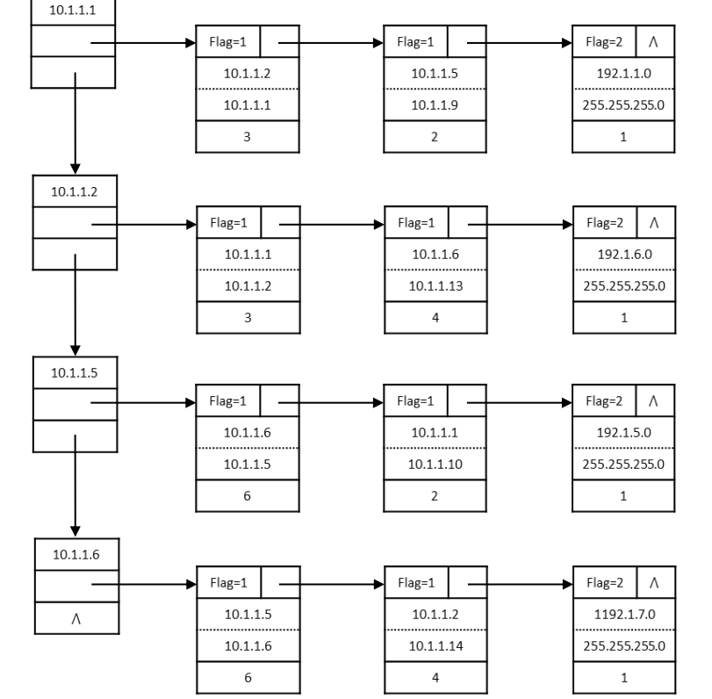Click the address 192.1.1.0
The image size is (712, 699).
623,73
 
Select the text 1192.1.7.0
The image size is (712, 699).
624,614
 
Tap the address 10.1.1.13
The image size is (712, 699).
435,285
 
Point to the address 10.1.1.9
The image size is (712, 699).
435,104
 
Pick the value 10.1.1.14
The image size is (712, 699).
435,645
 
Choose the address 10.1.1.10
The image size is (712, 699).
435,465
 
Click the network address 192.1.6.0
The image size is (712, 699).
624,254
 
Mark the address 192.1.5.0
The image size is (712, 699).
623,432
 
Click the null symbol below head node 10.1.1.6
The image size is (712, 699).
76,618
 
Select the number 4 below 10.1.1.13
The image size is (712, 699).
435,318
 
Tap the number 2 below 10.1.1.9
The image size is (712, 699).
435,137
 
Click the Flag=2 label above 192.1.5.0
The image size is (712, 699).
604,401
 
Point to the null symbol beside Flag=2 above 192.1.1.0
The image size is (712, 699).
653,42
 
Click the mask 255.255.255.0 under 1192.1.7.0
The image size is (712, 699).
624,645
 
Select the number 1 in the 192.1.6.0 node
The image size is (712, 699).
624,318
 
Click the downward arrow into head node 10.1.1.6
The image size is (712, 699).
76,486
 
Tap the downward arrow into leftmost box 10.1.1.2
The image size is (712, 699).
76,123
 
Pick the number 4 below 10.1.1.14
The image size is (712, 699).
435,678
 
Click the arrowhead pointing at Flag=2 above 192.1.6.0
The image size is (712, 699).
568,225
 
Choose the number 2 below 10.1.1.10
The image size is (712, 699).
435,496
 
